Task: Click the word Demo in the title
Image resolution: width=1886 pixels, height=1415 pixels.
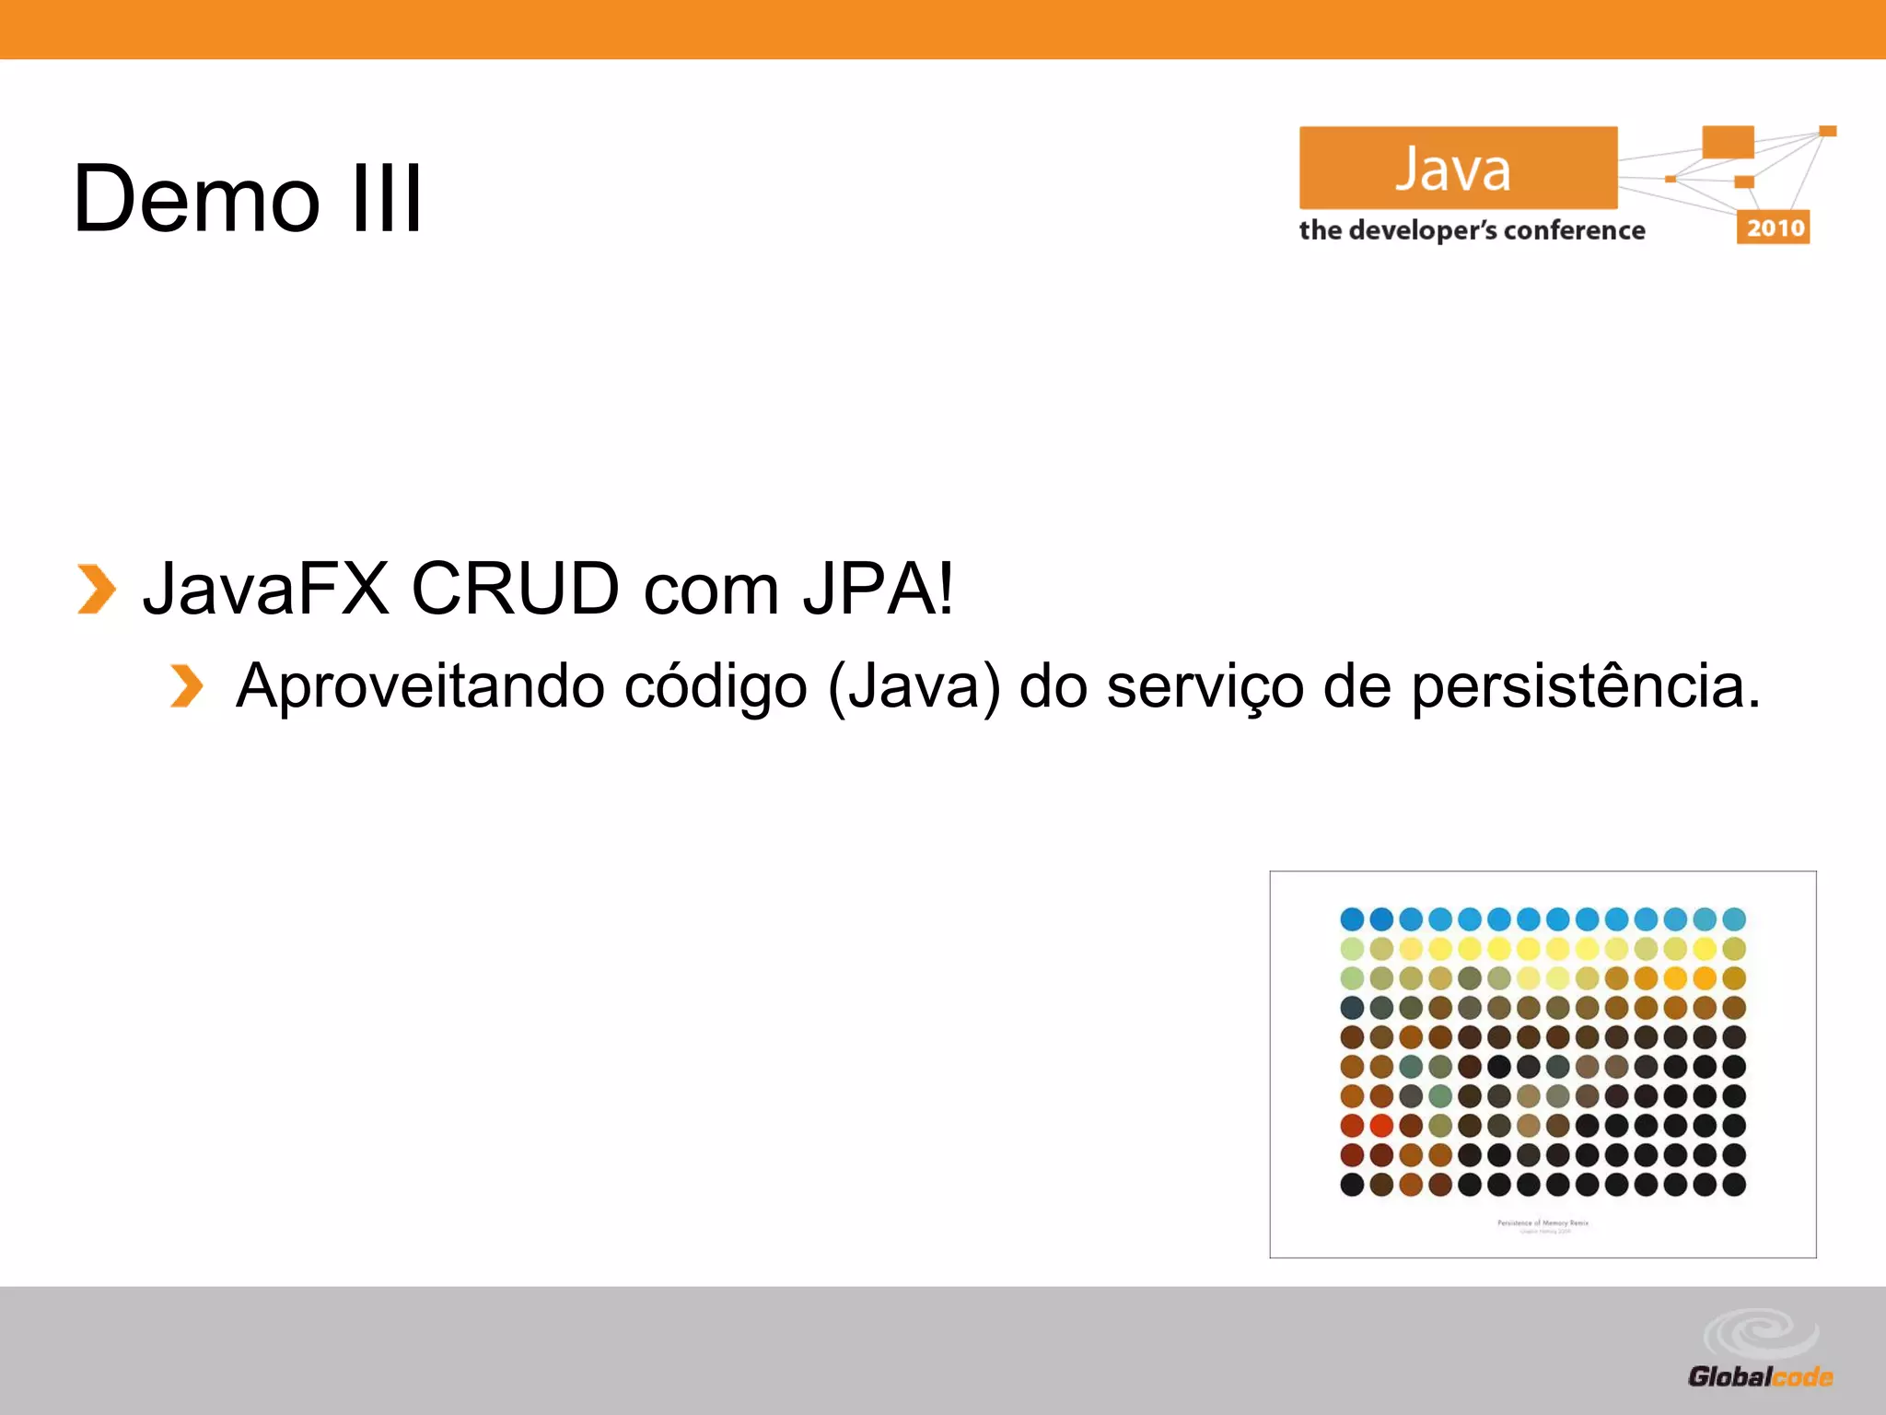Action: pyautogui.click(x=196, y=198)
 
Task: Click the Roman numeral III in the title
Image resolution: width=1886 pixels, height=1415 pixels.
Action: pyautogui.click(x=387, y=198)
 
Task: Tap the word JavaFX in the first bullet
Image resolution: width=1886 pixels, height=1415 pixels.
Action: pyautogui.click(x=266, y=589)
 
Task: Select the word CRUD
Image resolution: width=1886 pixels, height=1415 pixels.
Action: pyautogui.click(x=516, y=589)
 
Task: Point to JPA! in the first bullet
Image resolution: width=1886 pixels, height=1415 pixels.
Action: pyautogui.click(x=879, y=589)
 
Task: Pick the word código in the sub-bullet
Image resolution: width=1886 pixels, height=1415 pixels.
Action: pyautogui.click(x=716, y=686)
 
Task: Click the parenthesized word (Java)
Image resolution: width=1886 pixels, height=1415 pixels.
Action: pyautogui.click(x=914, y=686)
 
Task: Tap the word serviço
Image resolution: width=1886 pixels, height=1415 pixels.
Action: pyautogui.click(x=1205, y=686)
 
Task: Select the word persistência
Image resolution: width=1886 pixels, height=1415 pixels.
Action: pyautogui.click(x=1586, y=686)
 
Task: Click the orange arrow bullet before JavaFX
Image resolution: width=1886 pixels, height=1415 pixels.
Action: pyautogui.click(x=96, y=589)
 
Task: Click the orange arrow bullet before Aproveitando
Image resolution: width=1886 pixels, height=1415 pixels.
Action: pyautogui.click(x=186, y=686)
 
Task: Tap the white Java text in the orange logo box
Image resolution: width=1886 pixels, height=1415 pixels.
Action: pyautogui.click(x=1453, y=170)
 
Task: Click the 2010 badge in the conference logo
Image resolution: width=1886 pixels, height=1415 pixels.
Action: pyautogui.click(x=1774, y=228)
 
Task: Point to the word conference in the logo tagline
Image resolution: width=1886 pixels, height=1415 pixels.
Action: pyautogui.click(x=1574, y=230)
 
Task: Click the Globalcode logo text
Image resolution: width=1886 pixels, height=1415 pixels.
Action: pyautogui.click(x=1760, y=1377)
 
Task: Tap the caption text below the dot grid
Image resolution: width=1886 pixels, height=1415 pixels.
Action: pyautogui.click(x=1543, y=1225)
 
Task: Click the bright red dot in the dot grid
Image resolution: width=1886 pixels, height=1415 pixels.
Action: pyautogui.click(x=1380, y=1125)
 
